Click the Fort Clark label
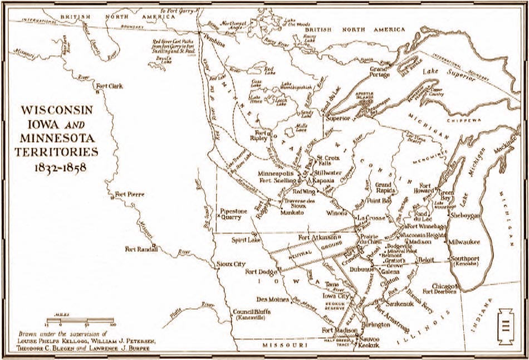109,86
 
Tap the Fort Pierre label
129,194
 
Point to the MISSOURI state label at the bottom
288,346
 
